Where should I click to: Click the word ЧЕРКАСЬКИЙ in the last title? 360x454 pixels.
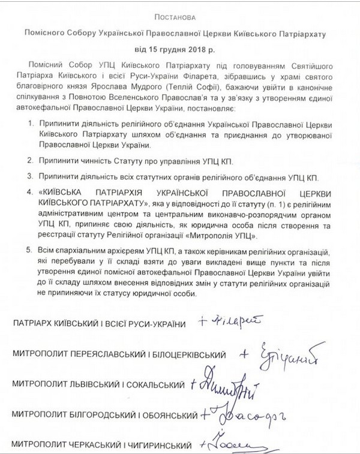(x=88, y=446)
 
